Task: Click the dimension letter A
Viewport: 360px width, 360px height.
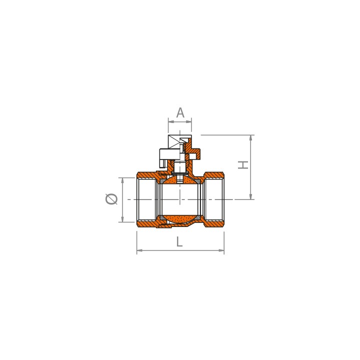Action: tap(180, 112)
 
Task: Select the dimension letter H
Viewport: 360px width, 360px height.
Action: tap(243, 165)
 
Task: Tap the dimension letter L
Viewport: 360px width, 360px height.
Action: tap(179, 241)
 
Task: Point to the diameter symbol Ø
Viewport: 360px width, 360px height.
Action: tap(111, 199)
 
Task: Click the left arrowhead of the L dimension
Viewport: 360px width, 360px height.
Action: tap(139, 250)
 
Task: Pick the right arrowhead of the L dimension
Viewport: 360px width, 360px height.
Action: tap(221, 250)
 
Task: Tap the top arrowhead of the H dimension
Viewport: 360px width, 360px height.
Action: tap(250, 138)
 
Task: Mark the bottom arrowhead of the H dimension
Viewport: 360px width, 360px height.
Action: tap(250, 196)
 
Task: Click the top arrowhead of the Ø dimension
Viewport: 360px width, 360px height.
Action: tap(122, 180)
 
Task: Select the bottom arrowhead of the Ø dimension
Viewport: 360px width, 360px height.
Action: tap(122, 219)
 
